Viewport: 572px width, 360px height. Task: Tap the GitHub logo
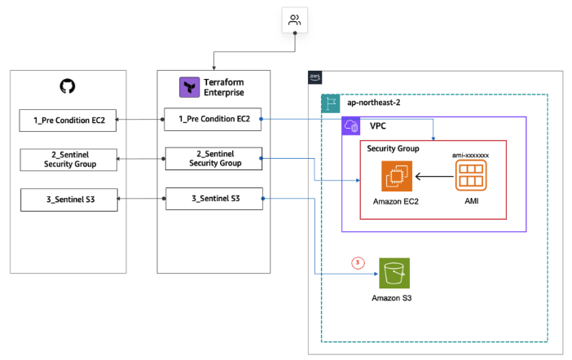68,86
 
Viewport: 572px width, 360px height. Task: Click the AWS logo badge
315,77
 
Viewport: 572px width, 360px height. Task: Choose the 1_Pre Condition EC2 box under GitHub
68,121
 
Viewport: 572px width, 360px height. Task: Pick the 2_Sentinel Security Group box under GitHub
68,160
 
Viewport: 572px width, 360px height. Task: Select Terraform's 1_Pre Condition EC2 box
213,120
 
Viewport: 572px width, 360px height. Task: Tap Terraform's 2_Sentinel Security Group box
214,158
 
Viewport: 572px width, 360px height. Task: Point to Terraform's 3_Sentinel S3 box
214,199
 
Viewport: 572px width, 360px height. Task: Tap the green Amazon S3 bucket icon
394,274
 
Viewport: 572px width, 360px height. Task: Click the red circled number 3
356,261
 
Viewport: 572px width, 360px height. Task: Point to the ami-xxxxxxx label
471,153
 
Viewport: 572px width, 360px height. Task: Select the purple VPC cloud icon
352,125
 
